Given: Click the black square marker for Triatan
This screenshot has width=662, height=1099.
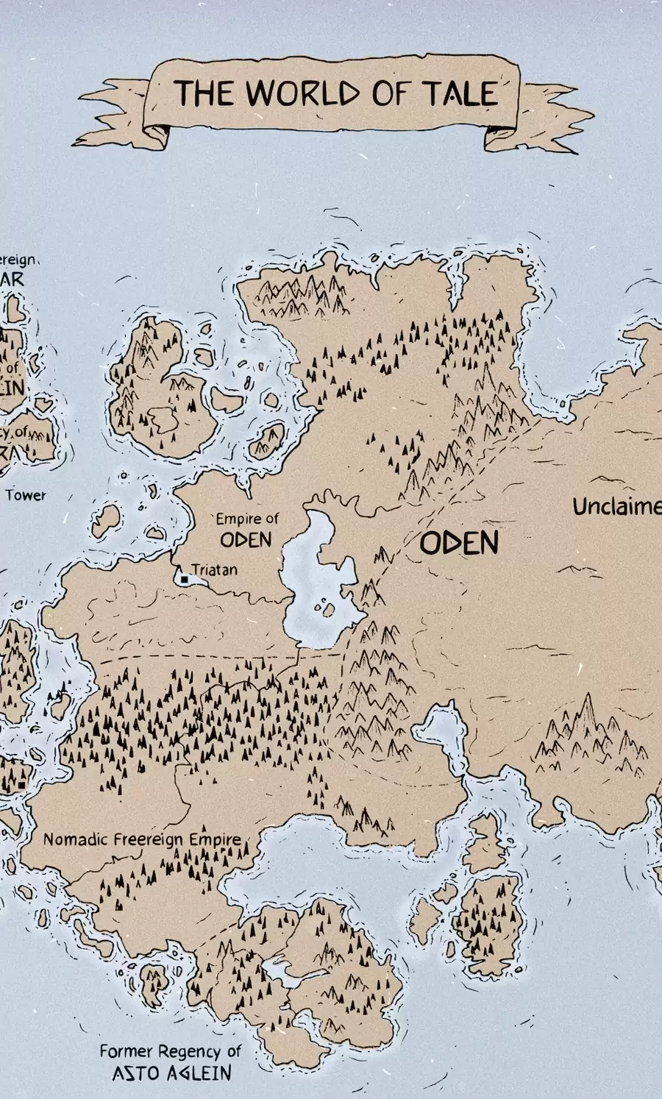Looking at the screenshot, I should click(184, 580).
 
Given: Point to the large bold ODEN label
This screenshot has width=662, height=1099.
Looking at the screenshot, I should click(460, 544).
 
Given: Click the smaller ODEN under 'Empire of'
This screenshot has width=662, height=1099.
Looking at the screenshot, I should click(246, 540).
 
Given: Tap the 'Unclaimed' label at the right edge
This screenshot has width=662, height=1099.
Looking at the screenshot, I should click(616, 507).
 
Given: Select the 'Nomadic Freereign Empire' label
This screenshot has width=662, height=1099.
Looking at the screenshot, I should click(142, 839).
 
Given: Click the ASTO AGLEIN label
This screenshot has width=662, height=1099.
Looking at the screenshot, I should click(171, 1073).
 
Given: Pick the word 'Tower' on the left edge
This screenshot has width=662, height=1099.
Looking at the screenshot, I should click(26, 495).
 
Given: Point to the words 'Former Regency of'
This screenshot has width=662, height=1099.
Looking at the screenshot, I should click(170, 1052).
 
